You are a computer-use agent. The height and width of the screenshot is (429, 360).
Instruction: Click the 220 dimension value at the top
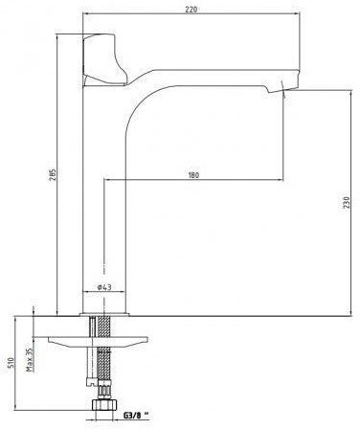tap(191, 10)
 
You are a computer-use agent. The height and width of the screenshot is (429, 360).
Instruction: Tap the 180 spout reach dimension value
tap(193, 175)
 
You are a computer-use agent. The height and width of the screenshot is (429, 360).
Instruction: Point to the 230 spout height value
tap(348, 203)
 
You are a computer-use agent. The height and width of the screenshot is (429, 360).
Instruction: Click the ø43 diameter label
tap(104, 287)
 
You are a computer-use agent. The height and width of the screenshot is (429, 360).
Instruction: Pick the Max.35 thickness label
tap(30, 360)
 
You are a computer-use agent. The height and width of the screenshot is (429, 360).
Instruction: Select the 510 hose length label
tap(11, 363)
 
